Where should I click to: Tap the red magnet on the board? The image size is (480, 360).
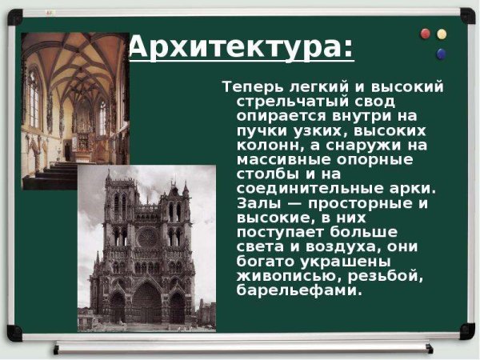(425, 34)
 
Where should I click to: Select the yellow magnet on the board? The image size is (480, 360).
(442, 34)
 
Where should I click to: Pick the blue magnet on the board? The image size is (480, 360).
(441, 54)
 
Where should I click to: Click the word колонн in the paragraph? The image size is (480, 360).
(262, 146)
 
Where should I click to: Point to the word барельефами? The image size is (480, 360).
(295, 290)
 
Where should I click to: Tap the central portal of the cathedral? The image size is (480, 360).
(146, 302)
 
